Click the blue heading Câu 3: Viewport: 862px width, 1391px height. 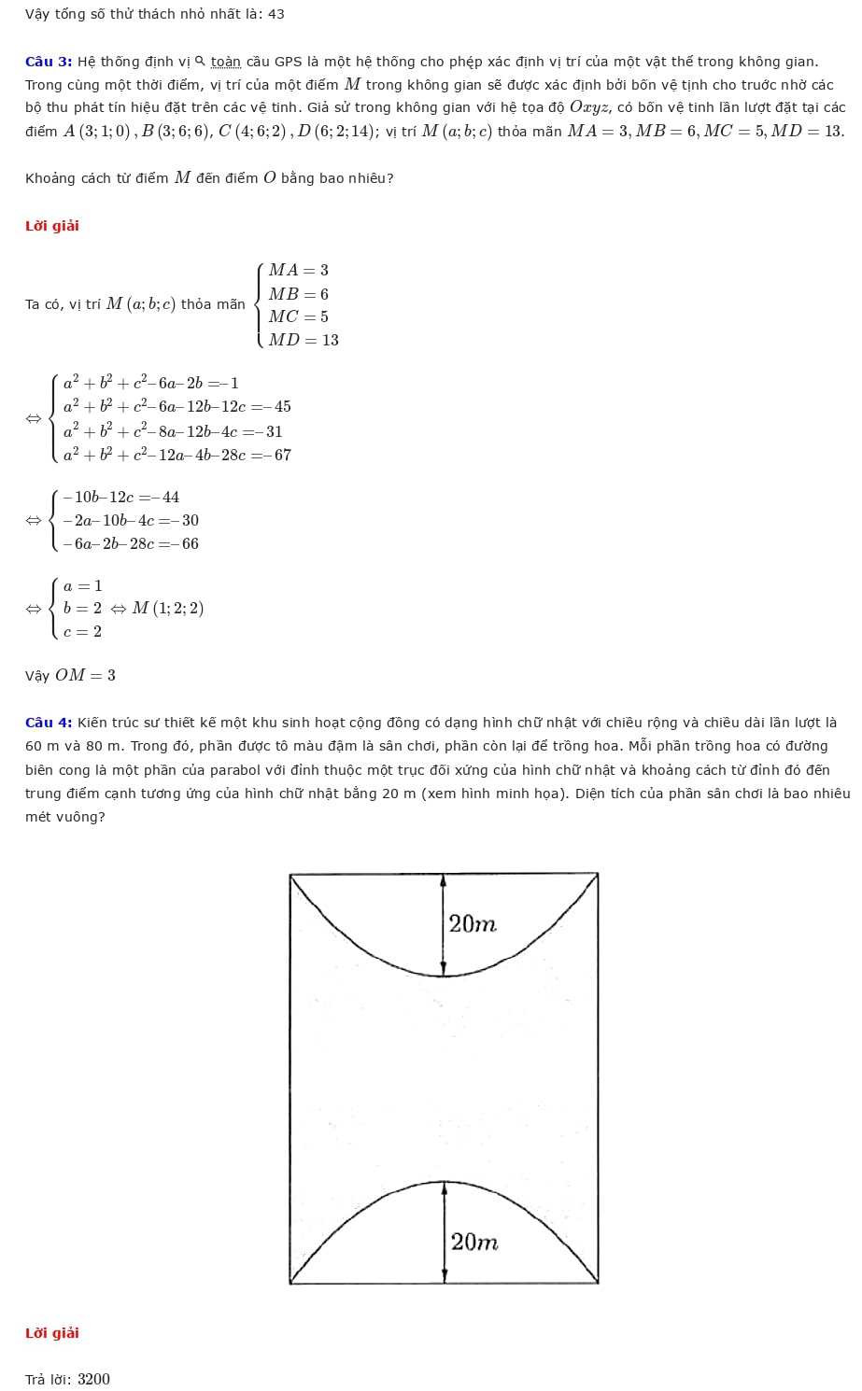pos(49,62)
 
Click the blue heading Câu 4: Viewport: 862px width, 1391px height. pos(49,723)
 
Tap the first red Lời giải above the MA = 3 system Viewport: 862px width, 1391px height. pos(52,226)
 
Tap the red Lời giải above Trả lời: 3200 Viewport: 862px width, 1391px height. pos(52,1333)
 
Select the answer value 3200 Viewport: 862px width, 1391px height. pos(93,1380)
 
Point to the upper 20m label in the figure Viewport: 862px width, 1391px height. pos(473,924)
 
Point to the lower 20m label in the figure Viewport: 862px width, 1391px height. pos(474,1243)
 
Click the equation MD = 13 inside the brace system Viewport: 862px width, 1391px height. pos(304,341)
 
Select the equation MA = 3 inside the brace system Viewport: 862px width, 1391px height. pos(299,271)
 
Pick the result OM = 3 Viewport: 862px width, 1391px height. pos(85,675)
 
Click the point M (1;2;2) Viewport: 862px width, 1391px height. pos(168,609)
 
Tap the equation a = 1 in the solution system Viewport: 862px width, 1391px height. pos(83,586)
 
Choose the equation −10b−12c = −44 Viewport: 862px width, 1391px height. pos(121,498)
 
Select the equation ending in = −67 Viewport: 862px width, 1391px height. pos(177,456)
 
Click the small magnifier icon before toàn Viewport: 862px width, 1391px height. pos(200,62)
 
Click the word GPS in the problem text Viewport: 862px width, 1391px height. pos(289,62)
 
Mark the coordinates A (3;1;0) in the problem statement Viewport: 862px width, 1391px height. pos(96,132)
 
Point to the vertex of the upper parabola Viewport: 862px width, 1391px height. pos(444,976)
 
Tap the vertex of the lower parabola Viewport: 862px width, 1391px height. pos(444,1182)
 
